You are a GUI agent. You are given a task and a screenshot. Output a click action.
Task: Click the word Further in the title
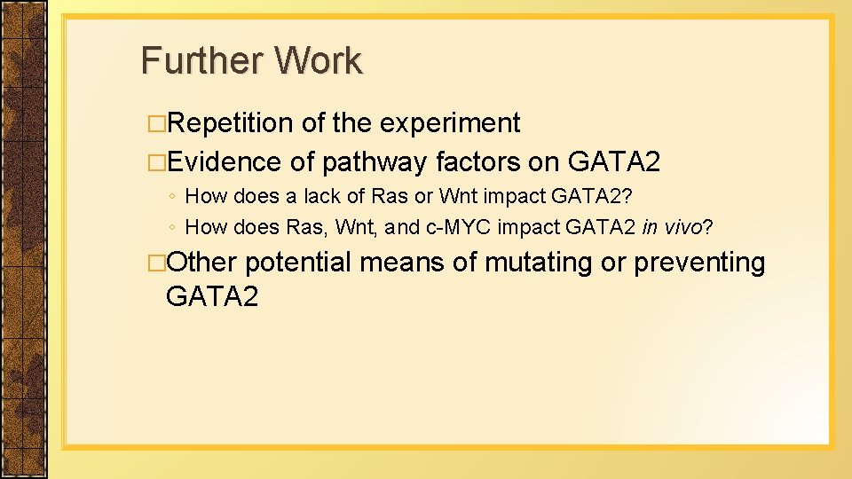point(201,61)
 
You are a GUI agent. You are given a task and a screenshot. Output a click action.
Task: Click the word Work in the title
point(318,61)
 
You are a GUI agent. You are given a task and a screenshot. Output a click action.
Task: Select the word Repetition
point(230,123)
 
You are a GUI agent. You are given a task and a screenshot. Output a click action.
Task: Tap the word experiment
point(450,123)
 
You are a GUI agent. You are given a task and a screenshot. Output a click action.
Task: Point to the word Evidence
point(224,162)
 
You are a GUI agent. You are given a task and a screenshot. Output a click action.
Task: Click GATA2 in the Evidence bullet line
point(613,162)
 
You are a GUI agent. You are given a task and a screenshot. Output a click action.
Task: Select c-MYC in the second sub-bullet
point(460,227)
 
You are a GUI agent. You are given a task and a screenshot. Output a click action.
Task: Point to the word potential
point(297,263)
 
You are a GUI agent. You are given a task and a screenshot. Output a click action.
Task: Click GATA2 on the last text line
point(211,296)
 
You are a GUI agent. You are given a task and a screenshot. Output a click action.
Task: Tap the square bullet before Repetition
point(156,124)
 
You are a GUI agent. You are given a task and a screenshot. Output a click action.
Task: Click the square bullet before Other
point(156,263)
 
